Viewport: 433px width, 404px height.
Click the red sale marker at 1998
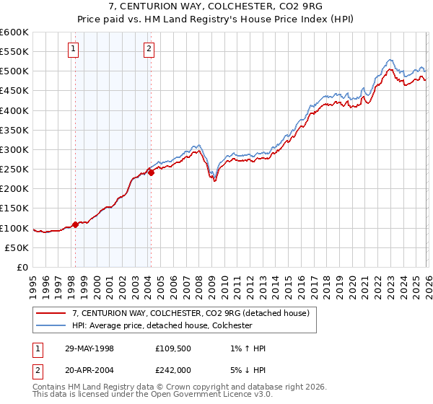pyautogui.click(x=76, y=224)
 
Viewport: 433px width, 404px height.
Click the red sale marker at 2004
pyautogui.click(x=151, y=172)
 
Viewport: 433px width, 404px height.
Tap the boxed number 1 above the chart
pyautogui.click(x=74, y=49)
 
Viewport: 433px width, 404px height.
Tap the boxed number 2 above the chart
pyautogui.click(x=149, y=49)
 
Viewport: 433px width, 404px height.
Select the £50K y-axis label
pyautogui.click(x=17, y=247)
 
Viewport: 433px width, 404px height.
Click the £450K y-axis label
pyautogui.click(x=14, y=92)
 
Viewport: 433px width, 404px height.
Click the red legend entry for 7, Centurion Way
pyautogui.click(x=191, y=313)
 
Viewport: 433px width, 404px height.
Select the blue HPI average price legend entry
pyautogui.click(x=162, y=325)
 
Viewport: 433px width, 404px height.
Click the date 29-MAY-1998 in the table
pyautogui.click(x=89, y=348)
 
